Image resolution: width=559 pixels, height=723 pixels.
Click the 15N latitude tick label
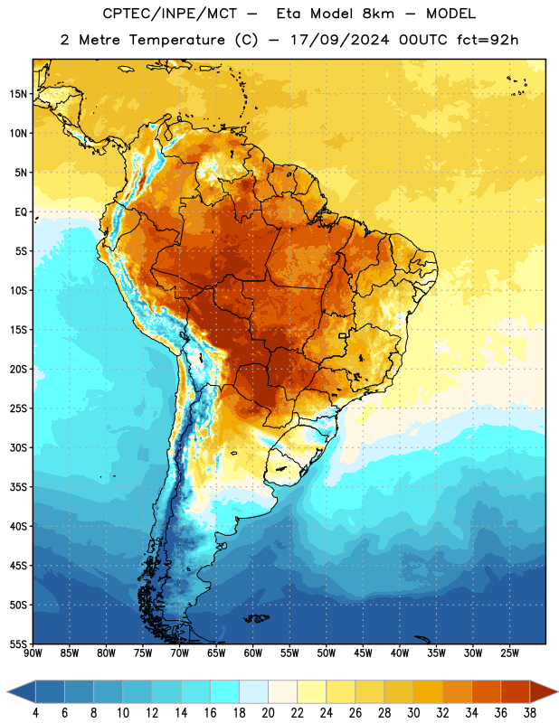pos(18,94)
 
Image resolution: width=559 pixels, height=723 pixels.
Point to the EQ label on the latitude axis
pos(21,212)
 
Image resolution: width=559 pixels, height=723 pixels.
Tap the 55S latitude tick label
pos(18,643)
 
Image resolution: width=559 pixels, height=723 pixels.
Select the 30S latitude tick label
pos(18,447)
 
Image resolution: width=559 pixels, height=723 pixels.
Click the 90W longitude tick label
pos(33,653)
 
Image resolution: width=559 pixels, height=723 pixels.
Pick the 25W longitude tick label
pos(509,653)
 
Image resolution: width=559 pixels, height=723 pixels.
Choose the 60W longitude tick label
pos(253,653)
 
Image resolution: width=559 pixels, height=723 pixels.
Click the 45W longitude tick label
pos(363,653)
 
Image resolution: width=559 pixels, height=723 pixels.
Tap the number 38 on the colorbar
pos(529,713)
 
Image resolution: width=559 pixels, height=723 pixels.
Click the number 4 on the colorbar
pos(35,713)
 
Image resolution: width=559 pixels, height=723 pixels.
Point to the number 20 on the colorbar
pos(268,713)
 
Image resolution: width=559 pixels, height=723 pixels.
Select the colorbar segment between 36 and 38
pos(516,692)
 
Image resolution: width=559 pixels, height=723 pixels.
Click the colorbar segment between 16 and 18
pos(225,692)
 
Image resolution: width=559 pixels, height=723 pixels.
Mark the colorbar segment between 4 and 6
pos(51,692)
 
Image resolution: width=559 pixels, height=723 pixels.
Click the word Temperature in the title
pos(176,40)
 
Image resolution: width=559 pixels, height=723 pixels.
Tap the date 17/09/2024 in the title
pos(339,40)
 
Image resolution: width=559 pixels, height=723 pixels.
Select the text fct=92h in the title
pos(488,40)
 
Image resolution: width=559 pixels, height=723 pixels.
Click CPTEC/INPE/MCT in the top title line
pos(170,14)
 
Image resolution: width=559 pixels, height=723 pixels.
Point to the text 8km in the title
pos(378,14)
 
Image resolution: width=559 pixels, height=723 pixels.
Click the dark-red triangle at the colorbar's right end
pos(543,692)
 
